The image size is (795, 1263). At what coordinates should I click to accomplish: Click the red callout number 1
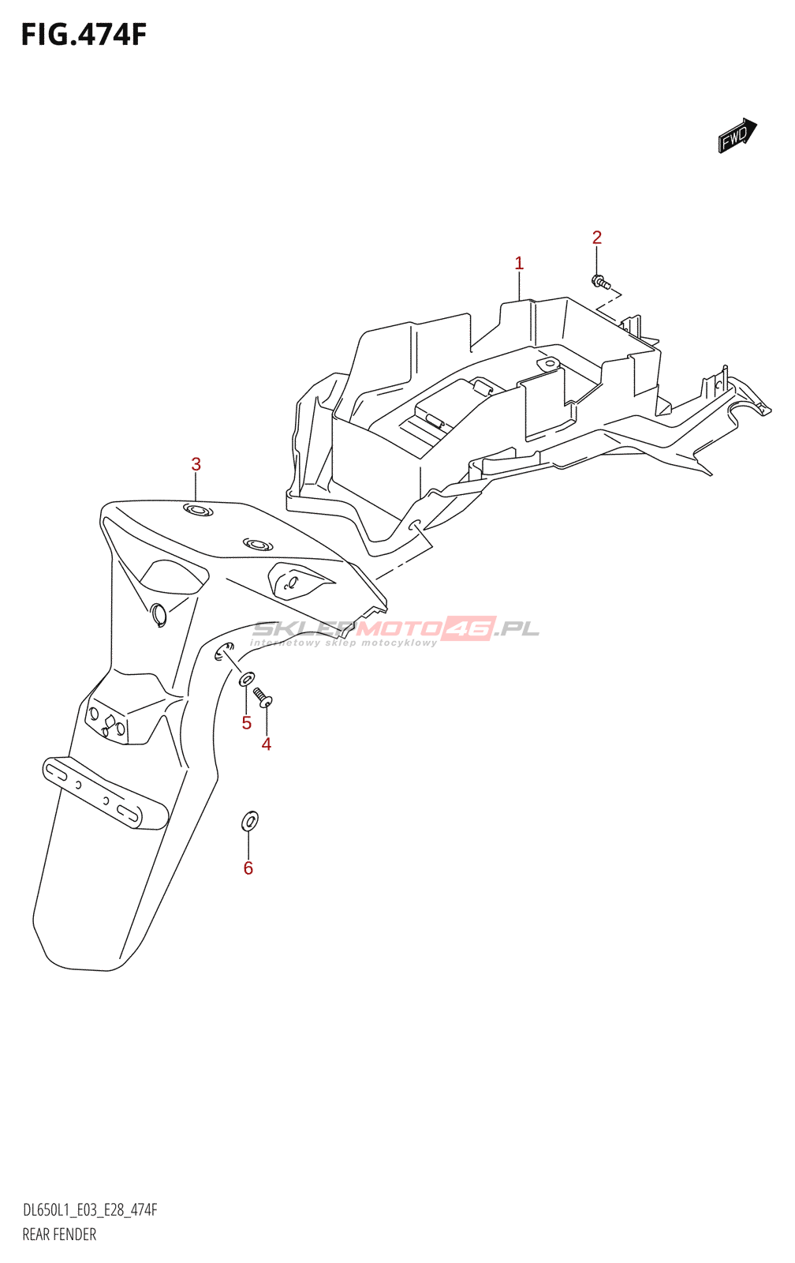coord(519,264)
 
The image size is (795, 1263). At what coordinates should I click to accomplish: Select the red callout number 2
coord(597,238)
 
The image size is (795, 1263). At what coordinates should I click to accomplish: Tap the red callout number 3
coord(196,465)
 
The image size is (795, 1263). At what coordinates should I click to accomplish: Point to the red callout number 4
coord(267,744)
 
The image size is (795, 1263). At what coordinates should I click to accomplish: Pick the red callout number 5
coord(246,723)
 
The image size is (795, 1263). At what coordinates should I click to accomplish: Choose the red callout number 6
coord(248,868)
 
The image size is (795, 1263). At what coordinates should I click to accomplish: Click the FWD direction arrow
coord(737,135)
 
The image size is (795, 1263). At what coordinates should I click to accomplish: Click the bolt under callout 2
coord(600,281)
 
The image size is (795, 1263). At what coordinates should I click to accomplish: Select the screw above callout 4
coord(263,698)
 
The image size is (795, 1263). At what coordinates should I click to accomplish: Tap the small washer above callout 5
coord(247,678)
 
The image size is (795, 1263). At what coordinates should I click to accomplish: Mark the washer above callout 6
coord(249,821)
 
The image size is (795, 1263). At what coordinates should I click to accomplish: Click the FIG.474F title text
coord(84,35)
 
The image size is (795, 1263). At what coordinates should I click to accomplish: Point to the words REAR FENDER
coord(59,1235)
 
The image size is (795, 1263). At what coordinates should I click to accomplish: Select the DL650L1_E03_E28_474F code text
coord(90,1210)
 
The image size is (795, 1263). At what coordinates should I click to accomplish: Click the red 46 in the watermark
coord(468,628)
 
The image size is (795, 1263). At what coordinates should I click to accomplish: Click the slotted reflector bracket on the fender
coord(106,793)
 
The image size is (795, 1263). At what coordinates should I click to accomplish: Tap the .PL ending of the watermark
coord(517,628)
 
